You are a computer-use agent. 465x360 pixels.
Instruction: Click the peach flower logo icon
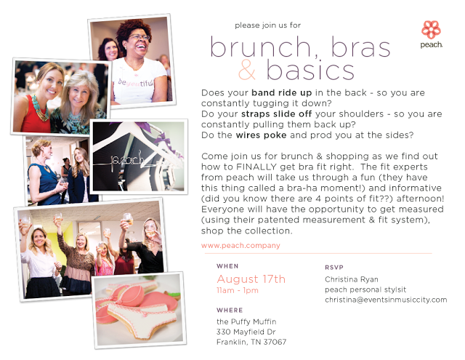coord(431,30)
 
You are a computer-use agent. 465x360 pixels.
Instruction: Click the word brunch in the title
coord(261,47)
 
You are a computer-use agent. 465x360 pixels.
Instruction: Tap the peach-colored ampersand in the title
coord(247,70)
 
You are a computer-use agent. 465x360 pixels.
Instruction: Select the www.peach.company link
coord(240,246)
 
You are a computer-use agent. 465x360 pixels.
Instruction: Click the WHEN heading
coord(227,266)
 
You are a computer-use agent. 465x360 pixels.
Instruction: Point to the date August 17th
coord(251,279)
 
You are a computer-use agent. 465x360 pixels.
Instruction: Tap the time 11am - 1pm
coord(238,290)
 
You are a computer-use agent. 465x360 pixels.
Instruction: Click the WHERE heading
coord(230,310)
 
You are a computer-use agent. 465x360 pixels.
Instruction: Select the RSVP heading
coord(334,268)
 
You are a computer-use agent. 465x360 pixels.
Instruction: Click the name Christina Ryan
coord(352,279)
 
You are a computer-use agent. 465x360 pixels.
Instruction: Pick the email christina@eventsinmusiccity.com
coord(386,300)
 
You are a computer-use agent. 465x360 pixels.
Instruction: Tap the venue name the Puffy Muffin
coord(246,321)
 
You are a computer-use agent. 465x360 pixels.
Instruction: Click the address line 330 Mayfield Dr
coord(246,332)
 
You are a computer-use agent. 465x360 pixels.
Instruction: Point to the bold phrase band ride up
coord(282,93)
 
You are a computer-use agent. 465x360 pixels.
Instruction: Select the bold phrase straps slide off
coord(277,114)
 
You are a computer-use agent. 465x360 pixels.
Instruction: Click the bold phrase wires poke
coord(262,135)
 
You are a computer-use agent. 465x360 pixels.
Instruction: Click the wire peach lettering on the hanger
coord(128,161)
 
